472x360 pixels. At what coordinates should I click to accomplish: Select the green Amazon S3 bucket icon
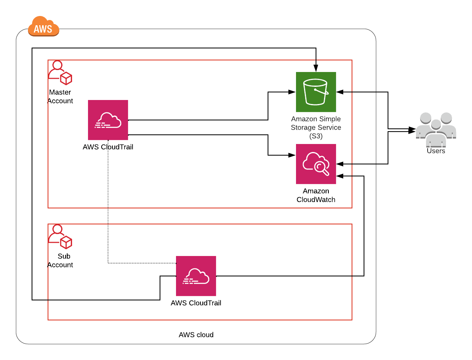[x=316, y=92]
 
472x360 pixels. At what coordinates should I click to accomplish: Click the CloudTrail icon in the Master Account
[x=108, y=120]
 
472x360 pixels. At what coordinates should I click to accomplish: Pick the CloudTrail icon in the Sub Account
[x=196, y=276]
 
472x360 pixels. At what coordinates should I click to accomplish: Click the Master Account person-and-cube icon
[x=60, y=73]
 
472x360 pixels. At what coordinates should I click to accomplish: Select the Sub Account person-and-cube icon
[x=60, y=237]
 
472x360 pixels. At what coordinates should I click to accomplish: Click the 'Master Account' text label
[x=60, y=97]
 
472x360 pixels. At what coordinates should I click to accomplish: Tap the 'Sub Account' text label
[x=60, y=261]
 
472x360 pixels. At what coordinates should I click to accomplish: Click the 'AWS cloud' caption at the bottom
[x=196, y=335]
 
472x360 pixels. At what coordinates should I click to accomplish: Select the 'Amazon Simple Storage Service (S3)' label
[x=316, y=128]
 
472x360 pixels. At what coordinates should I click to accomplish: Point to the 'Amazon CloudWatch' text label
[x=316, y=196]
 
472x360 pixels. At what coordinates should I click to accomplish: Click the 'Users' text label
[x=436, y=151]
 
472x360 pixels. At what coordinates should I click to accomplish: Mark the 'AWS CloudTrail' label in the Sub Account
[x=196, y=303]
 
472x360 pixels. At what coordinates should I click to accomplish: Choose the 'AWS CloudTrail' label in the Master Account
[x=108, y=147]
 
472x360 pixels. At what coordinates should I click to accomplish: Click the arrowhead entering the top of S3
[x=316, y=69]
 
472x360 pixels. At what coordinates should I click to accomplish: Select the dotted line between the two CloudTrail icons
[x=108, y=208]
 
